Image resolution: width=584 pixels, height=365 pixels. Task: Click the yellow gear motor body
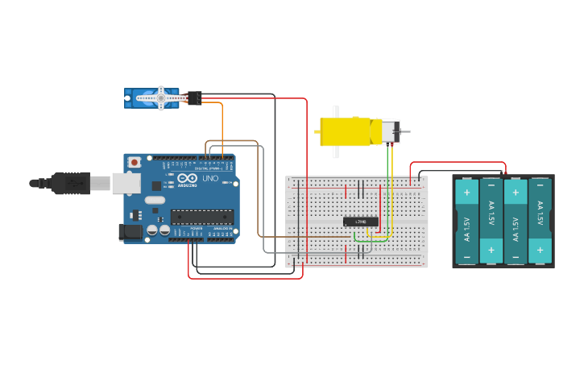coord(346,131)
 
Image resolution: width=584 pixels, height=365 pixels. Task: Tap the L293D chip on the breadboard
coord(361,222)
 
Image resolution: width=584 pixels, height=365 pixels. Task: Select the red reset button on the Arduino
coord(134,161)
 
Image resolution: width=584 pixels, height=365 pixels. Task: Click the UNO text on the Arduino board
coord(209,179)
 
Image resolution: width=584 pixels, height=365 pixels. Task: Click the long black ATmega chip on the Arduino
coord(201,216)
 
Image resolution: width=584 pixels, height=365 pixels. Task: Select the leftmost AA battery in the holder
coord(467,222)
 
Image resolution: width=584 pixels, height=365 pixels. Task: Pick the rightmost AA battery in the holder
coord(540,222)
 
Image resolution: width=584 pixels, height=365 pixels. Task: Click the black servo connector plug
coord(194,98)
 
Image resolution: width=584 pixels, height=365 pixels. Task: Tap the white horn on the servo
coord(161,98)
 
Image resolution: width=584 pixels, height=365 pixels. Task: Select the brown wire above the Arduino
coord(234,142)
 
